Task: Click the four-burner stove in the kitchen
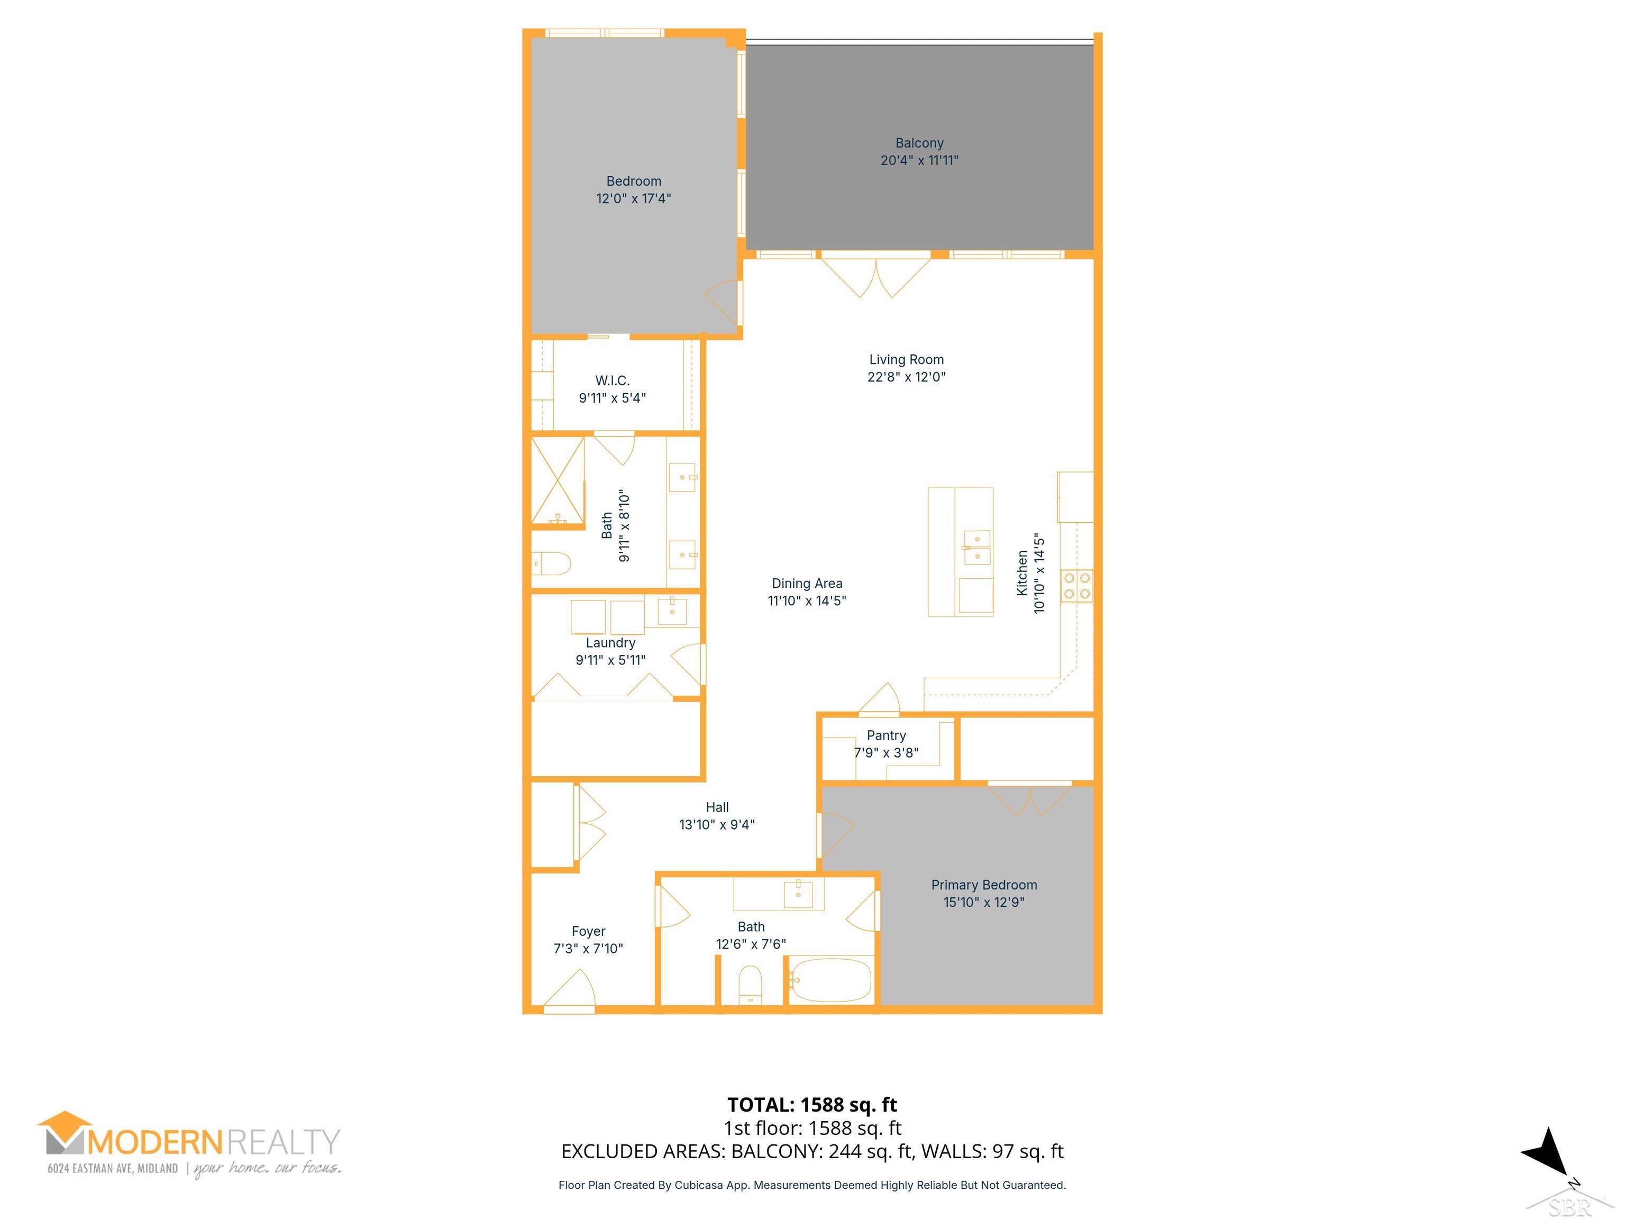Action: click(1076, 586)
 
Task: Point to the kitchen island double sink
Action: click(977, 547)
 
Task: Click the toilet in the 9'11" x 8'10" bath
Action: click(552, 563)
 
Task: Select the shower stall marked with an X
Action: click(558, 480)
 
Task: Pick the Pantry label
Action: click(886, 735)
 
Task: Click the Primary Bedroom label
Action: click(984, 885)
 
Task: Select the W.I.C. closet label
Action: click(612, 380)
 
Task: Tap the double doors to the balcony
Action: click(875, 276)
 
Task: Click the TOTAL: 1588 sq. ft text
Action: click(812, 1104)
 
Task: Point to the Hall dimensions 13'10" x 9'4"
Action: click(716, 824)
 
